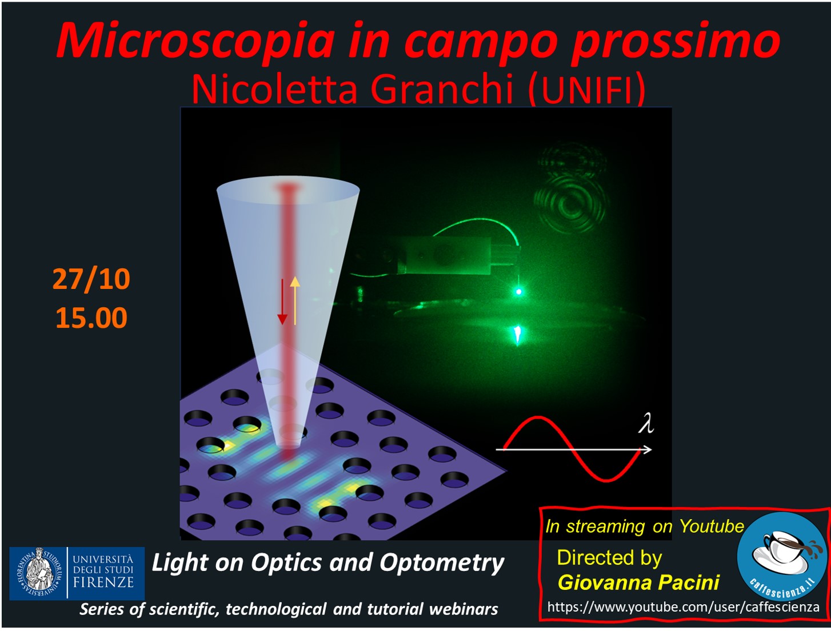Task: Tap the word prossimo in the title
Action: pyautogui.click(x=676, y=42)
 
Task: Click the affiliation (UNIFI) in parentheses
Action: pyautogui.click(x=586, y=90)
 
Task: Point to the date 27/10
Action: pyautogui.click(x=91, y=279)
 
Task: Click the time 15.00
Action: pyautogui.click(x=91, y=317)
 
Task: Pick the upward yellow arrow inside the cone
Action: pyautogui.click(x=295, y=301)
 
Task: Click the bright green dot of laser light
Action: pyautogui.click(x=519, y=291)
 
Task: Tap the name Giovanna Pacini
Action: pyautogui.click(x=638, y=582)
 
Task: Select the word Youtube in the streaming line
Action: pyautogui.click(x=712, y=526)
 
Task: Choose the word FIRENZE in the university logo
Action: pyautogui.click(x=103, y=582)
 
